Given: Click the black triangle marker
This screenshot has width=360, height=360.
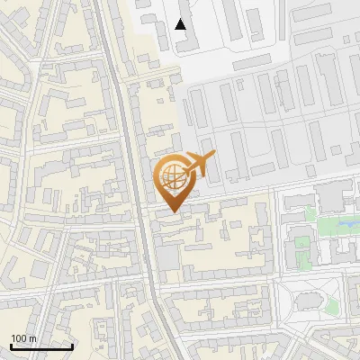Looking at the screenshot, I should pos(181,24).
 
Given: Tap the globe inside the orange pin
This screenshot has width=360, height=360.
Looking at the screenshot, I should pos(173,177).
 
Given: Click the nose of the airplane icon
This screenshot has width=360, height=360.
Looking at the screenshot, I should pos(214,157).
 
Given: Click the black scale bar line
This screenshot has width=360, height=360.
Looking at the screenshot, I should pos(41,346).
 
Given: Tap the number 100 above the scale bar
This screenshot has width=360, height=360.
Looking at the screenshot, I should pos(18,338).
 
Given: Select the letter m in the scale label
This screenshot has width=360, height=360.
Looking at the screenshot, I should pos(31,338).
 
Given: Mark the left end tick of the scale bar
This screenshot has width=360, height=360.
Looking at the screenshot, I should pos(11,345).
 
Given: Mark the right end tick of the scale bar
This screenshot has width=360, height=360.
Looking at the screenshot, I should pos(72,345).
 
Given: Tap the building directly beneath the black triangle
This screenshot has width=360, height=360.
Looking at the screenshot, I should pos(183,40).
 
